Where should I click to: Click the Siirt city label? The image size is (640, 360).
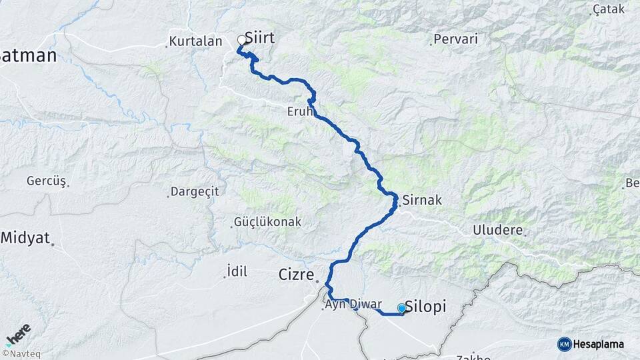259,38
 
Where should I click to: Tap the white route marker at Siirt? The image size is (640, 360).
242,40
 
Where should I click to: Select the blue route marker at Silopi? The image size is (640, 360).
401,308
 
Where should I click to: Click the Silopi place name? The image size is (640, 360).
426,306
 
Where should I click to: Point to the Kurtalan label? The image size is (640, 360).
195,41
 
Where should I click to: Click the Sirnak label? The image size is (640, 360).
422,199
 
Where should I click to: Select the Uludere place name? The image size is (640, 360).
499,231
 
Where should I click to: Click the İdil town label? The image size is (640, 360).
237,271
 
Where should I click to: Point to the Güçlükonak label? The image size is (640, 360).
267,221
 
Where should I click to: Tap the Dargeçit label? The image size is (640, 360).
195,191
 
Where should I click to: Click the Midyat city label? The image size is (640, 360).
25,237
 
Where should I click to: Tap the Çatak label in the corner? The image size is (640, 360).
609,9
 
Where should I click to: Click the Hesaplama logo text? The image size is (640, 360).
598,344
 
